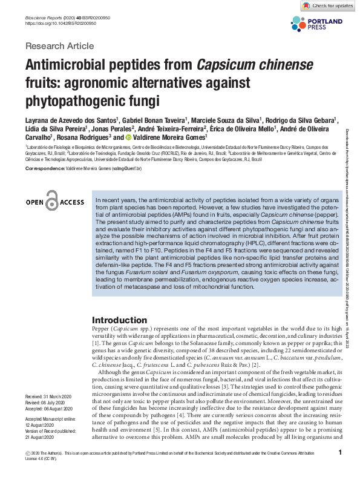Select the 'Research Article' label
59,46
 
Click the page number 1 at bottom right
341,452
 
